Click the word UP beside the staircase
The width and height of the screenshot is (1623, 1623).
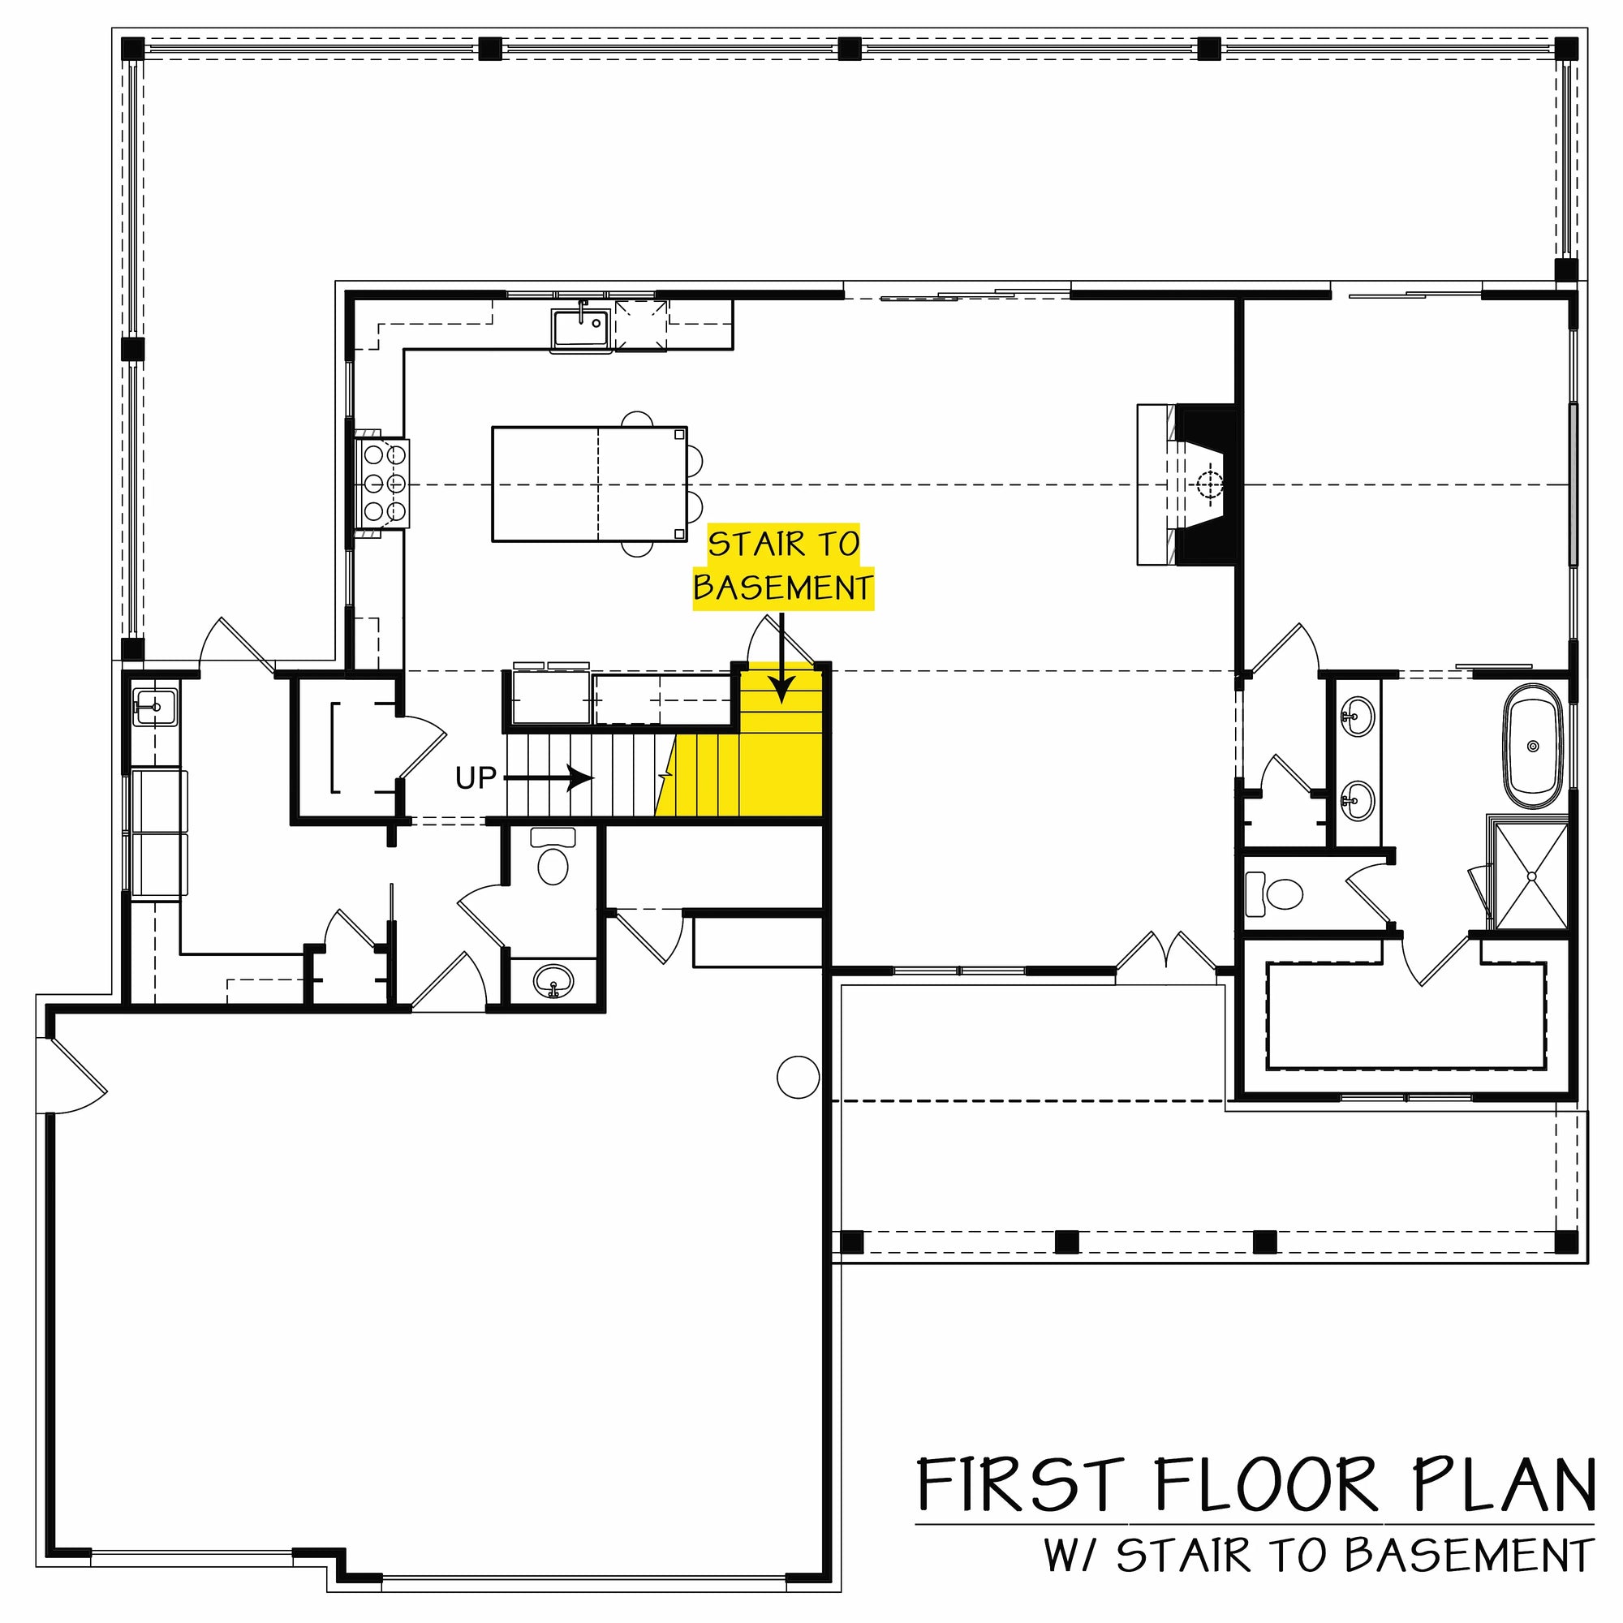476,778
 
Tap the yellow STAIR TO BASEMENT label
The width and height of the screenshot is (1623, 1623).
783,566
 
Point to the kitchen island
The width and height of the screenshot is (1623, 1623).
589,484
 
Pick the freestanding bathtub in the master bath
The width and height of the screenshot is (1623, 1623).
1532,746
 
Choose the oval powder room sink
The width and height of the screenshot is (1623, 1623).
553,980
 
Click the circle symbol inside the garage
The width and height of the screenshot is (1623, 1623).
797,1077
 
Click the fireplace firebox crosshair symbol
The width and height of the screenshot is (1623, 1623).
1210,484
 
